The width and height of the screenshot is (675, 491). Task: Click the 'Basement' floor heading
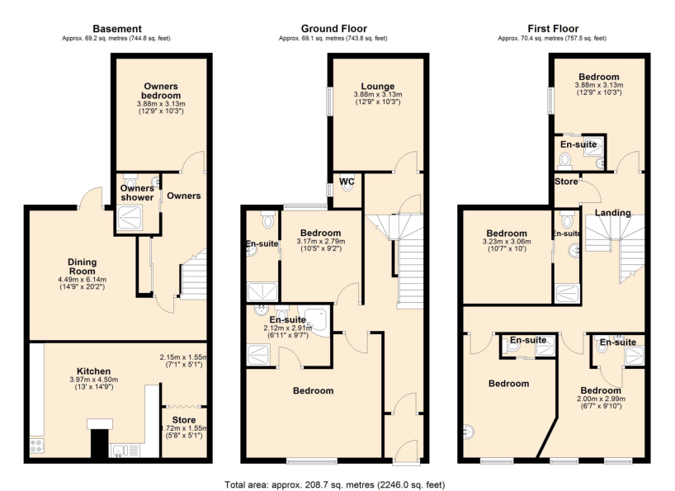(x=118, y=29)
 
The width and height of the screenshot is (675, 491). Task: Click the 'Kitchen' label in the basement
(x=93, y=371)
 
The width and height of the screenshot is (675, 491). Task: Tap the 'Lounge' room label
(x=377, y=87)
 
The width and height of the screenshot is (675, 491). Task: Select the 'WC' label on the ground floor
(x=346, y=182)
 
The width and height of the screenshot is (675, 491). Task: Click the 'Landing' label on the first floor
(x=612, y=213)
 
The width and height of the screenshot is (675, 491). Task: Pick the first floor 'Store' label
(x=566, y=182)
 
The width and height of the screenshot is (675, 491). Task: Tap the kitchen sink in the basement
(x=120, y=451)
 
